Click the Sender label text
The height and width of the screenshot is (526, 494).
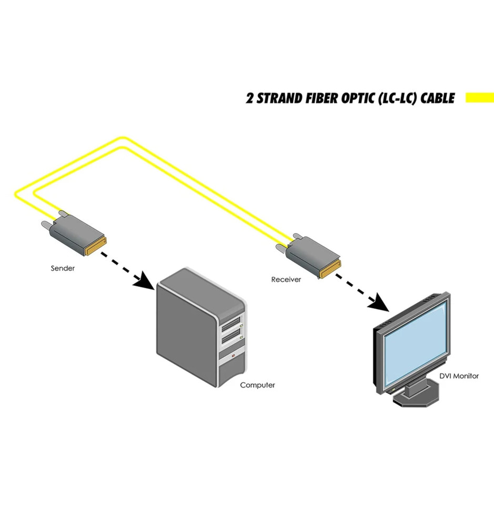pyautogui.click(x=63, y=268)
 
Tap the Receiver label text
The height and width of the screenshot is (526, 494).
pyautogui.click(x=286, y=279)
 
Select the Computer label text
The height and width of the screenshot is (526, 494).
pyautogui.click(x=257, y=385)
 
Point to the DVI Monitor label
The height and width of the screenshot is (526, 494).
pyautogui.click(x=459, y=376)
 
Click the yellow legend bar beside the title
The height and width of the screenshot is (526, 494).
pyautogui.click(x=479, y=97)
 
